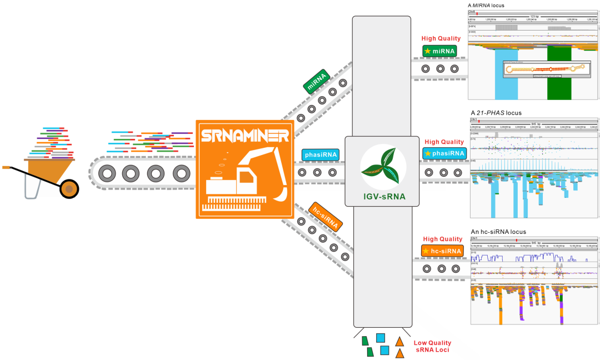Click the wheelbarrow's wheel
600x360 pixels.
click(x=69, y=189)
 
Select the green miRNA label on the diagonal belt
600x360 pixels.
click(x=317, y=81)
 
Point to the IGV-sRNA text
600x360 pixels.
click(x=383, y=196)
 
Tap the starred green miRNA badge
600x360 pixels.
click(x=439, y=51)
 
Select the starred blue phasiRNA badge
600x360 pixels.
click(x=443, y=153)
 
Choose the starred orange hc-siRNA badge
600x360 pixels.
click(x=442, y=251)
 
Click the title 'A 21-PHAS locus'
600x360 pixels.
click(x=496, y=113)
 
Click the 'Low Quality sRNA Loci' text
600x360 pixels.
click(x=432, y=347)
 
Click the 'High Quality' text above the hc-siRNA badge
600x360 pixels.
click(x=442, y=239)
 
